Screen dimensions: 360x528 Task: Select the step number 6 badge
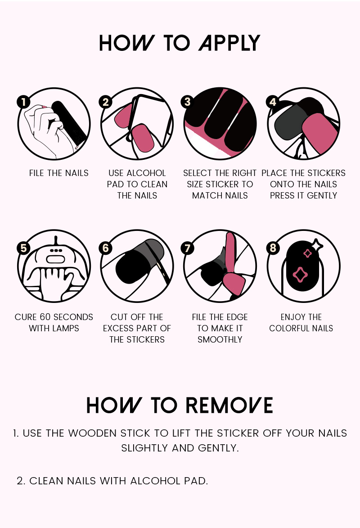[x=105, y=248]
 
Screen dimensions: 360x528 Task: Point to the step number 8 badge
[x=273, y=248]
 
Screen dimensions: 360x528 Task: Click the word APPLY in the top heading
[x=229, y=43]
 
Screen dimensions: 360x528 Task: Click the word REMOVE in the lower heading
[x=229, y=405]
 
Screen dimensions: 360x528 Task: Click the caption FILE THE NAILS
[x=59, y=173]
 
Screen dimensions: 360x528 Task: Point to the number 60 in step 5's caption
[x=45, y=317]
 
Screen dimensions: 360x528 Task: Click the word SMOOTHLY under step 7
[x=220, y=339]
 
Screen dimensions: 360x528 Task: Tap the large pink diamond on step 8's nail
[x=300, y=275]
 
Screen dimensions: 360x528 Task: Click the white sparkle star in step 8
[x=316, y=245]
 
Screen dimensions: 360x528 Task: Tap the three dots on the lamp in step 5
[x=55, y=251]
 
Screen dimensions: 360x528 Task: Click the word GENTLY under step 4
[x=322, y=196]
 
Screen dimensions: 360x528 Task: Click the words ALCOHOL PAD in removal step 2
[x=169, y=481]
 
